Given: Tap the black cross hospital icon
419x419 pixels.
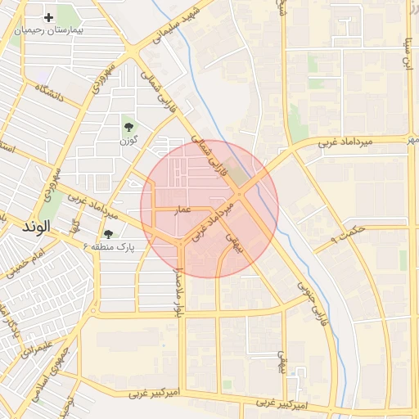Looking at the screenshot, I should coord(49,16).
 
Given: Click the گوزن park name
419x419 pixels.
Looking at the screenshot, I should coord(128,141).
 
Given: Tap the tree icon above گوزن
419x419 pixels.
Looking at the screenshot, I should coord(128,126).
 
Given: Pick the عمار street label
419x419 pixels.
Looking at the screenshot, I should coord(183,210).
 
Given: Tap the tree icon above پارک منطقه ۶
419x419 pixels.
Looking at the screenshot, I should coord(108,234).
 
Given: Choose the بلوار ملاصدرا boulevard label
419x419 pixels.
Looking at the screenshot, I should coord(178,291).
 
